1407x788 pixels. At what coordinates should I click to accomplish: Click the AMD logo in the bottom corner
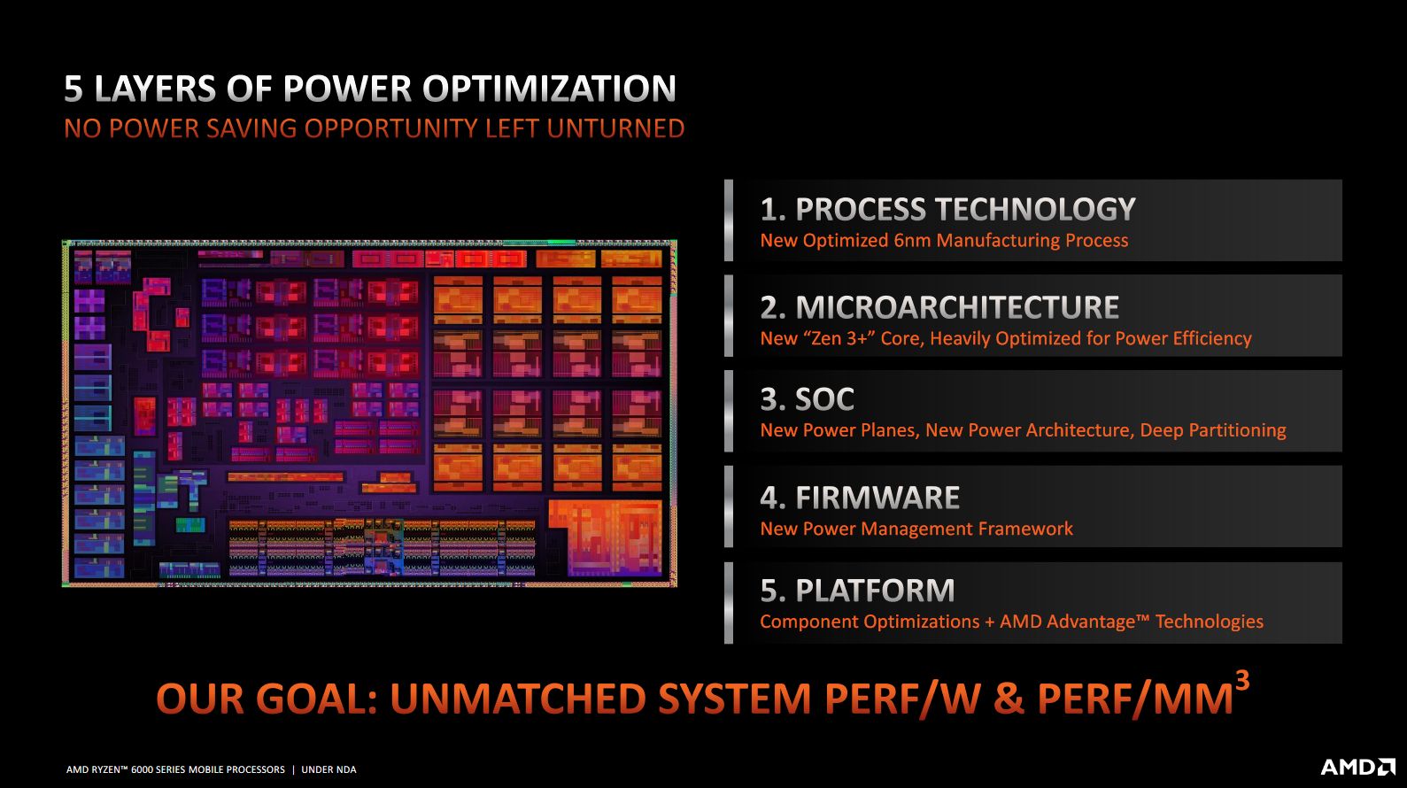click(1357, 767)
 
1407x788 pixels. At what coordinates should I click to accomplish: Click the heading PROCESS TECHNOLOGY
click(964, 210)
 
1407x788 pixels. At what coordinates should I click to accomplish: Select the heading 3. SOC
click(807, 399)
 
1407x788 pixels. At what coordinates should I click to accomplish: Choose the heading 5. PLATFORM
click(857, 591)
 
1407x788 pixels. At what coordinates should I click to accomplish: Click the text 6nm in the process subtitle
click(912, 241)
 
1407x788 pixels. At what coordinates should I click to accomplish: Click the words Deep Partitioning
click(1212, 430)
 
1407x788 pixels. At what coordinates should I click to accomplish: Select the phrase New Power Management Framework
click(916, 529)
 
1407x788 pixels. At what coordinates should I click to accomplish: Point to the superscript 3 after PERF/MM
click(1242, 681)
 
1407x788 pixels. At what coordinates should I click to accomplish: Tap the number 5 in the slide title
click(73, 89)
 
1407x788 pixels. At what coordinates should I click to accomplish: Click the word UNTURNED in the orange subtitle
click(615, 129)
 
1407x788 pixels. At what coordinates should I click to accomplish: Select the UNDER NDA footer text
click(329, 769)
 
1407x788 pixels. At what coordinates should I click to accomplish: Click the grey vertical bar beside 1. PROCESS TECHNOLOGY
click(729, 220)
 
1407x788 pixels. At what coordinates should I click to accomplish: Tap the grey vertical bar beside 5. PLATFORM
click(729, 603)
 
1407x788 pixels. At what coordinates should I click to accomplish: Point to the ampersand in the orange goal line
click(1008, 699)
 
